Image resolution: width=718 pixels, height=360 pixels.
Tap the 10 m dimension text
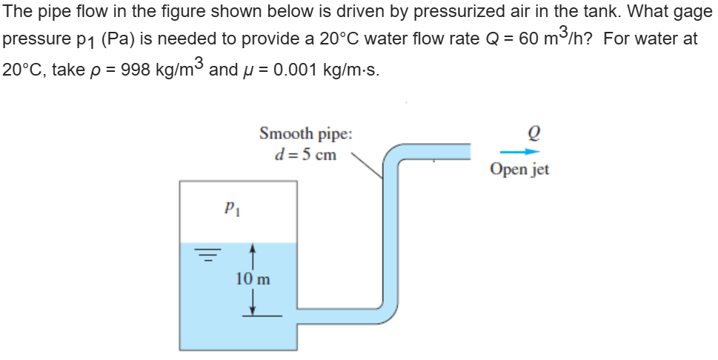click(x=253, y=279)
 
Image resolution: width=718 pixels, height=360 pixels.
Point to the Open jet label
click(x=519, y=170)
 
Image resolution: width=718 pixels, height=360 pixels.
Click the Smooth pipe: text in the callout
click(x=305, y=134)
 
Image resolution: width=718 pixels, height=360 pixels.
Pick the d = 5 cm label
click(x=305, y=155)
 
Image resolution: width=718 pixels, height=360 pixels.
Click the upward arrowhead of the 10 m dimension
click(x=253, y=250)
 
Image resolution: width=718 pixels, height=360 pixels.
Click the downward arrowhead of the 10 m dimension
click(x=253, y=310)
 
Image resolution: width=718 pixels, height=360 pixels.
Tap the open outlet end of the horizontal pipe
click(x=468, y=151)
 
